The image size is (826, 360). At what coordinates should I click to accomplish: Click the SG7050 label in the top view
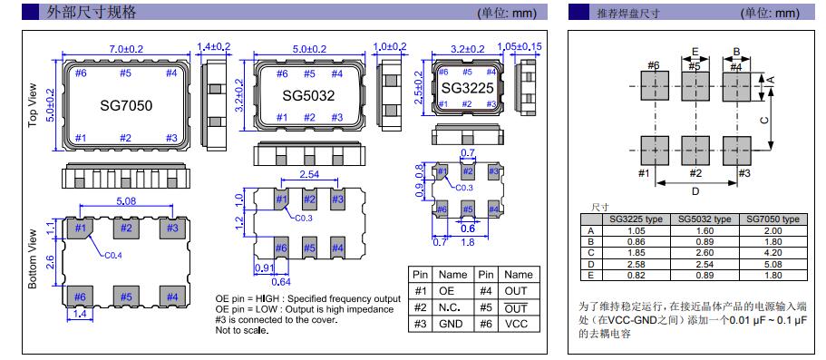coord(126,106)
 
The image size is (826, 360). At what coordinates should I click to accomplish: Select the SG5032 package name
coord(308,95)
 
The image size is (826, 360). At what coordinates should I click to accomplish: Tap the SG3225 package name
coord(467,88)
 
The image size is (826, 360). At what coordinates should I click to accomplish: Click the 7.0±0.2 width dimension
coord(125,48)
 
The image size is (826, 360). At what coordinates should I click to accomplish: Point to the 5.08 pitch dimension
coord(124,199)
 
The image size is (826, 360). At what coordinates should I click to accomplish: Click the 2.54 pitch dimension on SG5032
coord(309,173)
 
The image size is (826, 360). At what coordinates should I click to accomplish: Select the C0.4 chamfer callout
coord(112,256)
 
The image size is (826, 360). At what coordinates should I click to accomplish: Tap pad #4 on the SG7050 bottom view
coord(172,297)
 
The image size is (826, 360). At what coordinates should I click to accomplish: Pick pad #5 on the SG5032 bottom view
coord(309,248)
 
